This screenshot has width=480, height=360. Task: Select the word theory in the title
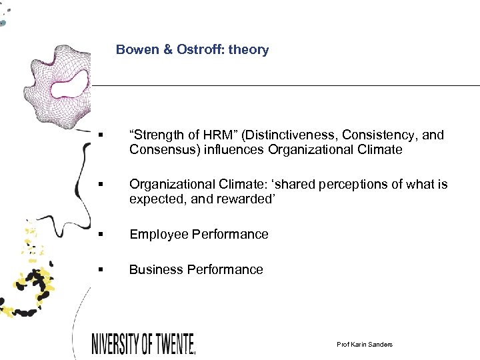[248, 49]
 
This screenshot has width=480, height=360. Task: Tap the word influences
[237, 149]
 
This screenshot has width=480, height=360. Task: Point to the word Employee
[159, 234]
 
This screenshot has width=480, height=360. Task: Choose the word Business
[156, 269]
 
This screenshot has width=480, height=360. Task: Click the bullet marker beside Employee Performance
[100, 235]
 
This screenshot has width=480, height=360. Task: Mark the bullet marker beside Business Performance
[100, 270]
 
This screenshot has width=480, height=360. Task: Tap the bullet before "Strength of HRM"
[100, 135]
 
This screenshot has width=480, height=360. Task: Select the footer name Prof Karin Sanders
[365, 344]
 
